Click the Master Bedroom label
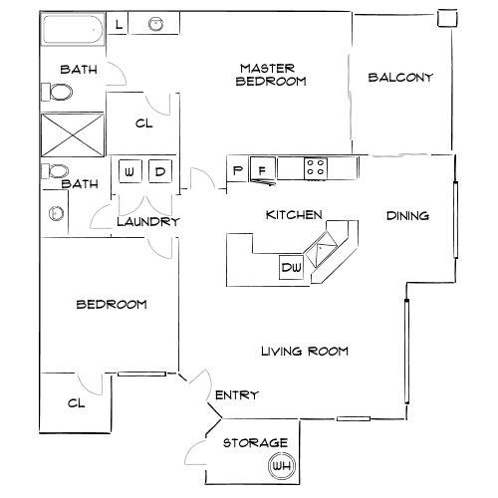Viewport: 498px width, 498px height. tap(271, 75)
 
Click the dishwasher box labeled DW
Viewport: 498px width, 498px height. tap(291, 267)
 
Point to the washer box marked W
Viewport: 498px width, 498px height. tap(129, 172)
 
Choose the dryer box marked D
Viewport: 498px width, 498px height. tap(159, 172)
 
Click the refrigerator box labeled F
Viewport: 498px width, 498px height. tap(263, 169)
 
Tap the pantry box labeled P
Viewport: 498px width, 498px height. tap(237, 170)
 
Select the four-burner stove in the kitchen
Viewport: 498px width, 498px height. tap(316, 168)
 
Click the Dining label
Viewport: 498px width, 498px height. tap(408, 215)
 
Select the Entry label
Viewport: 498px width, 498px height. tap(237, 395)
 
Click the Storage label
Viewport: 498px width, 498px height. tap(255, 442)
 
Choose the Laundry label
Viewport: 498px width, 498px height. tap(147, 222)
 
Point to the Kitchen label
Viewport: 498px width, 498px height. tap(293, 215)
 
